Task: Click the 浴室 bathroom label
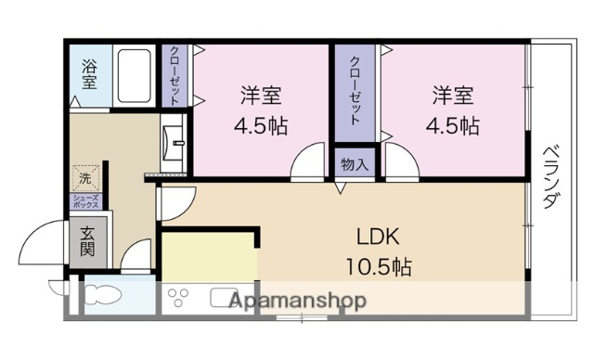[x=89, y=74]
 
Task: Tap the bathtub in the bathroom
[x=136, y=76]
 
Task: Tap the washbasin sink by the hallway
[x=174, y=143]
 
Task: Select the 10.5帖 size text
[x=379, y=267]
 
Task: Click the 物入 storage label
[x=355, y=165]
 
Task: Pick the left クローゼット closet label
[x=174, y=75]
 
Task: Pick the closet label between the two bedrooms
[x=355, y=89]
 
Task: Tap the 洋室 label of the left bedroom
[x=262, y=96]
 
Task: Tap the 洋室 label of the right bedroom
[x=453, y=96]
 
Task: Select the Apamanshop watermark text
[x=297, y=301]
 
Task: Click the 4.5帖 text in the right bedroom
[x=453, y=126]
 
